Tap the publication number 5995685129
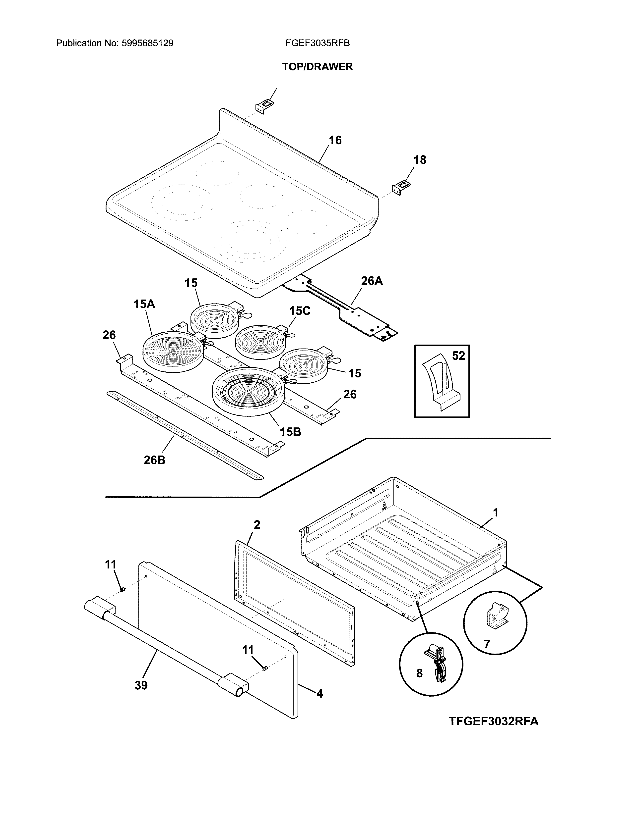coord(147,43)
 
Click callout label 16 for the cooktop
coord(335,141)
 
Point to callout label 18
coord(420,160)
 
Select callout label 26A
coord(372,281)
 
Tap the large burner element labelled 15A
coord(173,352)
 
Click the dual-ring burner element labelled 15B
coord(248,391)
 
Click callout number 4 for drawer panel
coord(319,694)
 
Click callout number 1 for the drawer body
coord(496,512)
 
